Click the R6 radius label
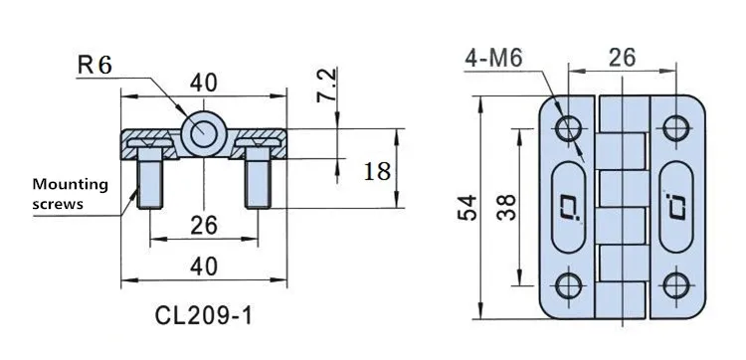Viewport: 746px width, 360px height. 94,65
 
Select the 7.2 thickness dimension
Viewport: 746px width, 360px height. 327,86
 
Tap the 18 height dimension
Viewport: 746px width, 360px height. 377,171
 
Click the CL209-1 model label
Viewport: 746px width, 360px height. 204,315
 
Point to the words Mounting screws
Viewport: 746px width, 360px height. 70,194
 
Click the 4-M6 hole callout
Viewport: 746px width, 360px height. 493,59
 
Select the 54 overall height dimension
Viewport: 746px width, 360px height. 467,207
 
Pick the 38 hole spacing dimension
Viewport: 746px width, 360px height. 505,207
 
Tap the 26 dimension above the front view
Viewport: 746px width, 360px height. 622,58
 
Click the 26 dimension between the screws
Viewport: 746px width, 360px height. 204,225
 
